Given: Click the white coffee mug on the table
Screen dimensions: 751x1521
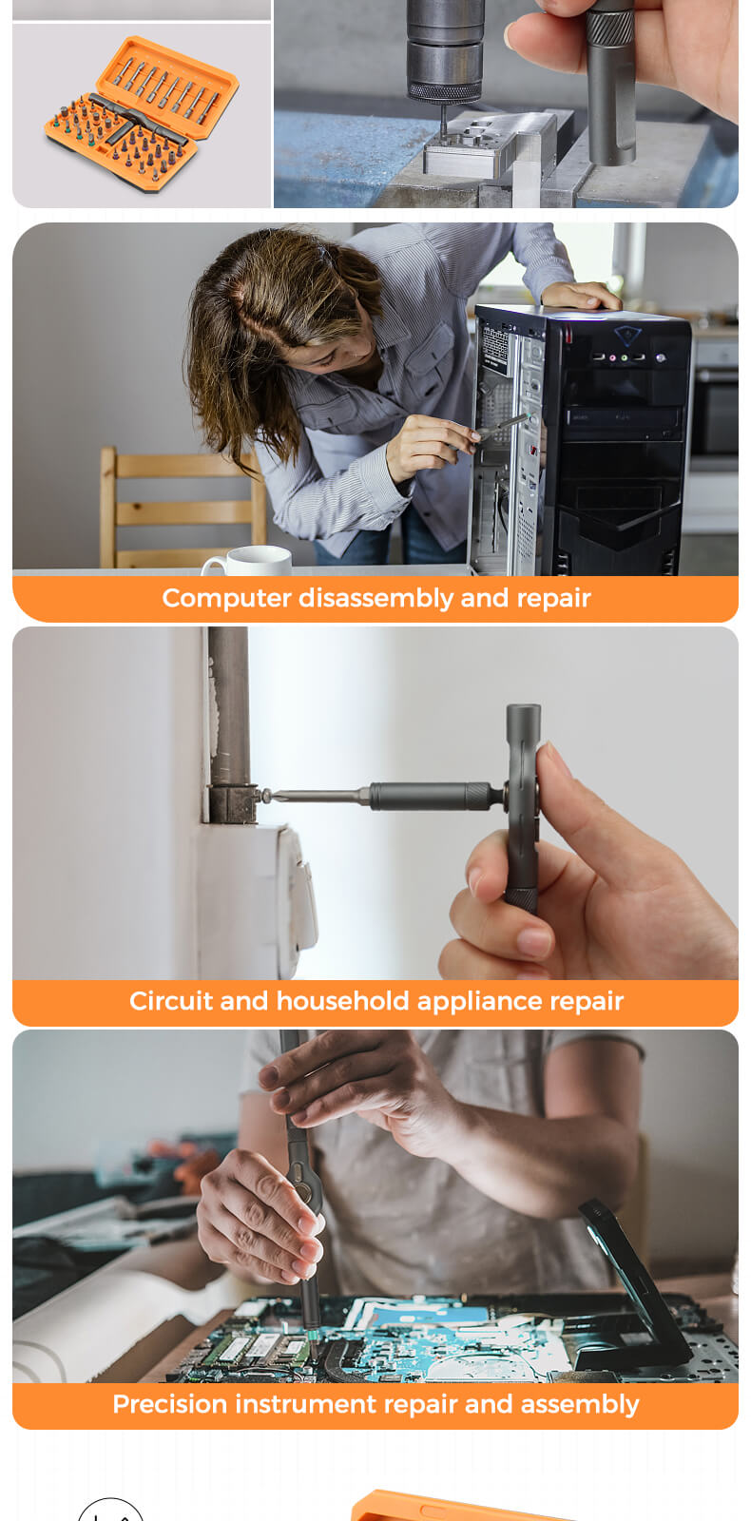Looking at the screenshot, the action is coord(248,561).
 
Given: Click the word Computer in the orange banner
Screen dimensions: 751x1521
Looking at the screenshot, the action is coord(226,599).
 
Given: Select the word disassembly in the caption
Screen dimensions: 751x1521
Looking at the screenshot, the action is coord(376,599).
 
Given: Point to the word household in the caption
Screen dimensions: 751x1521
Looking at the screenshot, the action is coord(342,1002).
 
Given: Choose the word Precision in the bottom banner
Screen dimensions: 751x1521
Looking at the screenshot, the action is coord(170,1404).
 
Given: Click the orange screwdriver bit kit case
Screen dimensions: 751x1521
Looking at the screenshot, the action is coord(142,114).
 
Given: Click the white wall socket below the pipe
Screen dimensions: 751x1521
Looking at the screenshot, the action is coord(258,899).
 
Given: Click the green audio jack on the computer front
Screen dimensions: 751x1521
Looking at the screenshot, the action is coord(624,357).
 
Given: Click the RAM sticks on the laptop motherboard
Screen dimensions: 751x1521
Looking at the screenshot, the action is coord(257,1347).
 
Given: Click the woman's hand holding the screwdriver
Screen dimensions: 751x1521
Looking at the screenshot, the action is coord(429,446).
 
